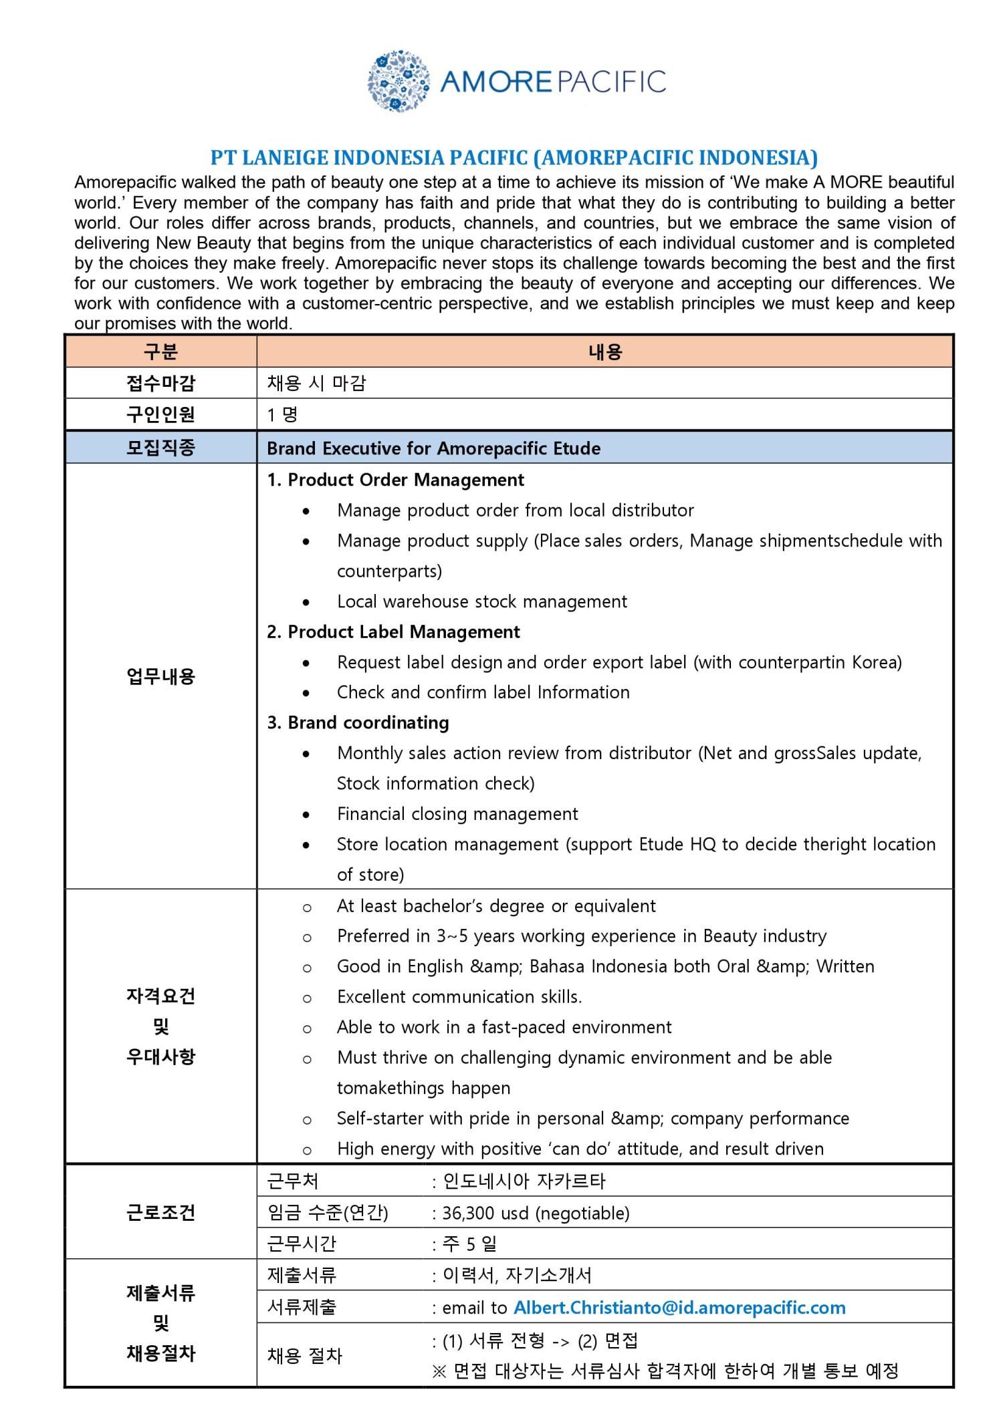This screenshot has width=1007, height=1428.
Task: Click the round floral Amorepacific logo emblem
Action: [x=399, y=81]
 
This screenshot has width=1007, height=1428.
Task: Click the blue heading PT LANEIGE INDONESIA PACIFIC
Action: [x=514, y=158]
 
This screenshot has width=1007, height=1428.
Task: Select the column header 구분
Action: [x=160, y=351]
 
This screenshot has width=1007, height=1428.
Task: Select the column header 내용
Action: [x=604, y=351]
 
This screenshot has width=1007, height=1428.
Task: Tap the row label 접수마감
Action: [x=160, y=383]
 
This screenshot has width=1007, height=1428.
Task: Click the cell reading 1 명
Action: [x=282, y=414]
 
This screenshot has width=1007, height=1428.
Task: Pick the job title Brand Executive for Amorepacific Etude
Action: [x=433, y=448]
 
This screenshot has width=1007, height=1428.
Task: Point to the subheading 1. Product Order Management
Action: [x=395, y=480]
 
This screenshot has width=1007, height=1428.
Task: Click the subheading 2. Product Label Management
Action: [x=393, y=631]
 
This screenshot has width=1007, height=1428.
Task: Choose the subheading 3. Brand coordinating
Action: [x=358, y=722]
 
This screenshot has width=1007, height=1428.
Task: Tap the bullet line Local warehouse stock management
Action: [x=481, y=601]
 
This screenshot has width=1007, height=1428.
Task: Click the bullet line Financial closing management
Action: [x=457, y=813]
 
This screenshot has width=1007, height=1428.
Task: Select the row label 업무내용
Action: [x=160, y=676]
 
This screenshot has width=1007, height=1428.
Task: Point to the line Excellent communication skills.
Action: [x=459, y=996]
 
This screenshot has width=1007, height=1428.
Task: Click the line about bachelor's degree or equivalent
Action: [x=496, y=905]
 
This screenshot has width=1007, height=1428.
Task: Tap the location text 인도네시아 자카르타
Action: [x=524, y=1181]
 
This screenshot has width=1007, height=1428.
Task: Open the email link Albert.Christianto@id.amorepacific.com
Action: [x=679, y=1308]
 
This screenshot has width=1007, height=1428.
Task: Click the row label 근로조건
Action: [x=160, y=1212]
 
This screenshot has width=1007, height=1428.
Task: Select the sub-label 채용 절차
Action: [x=304, y=1356]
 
